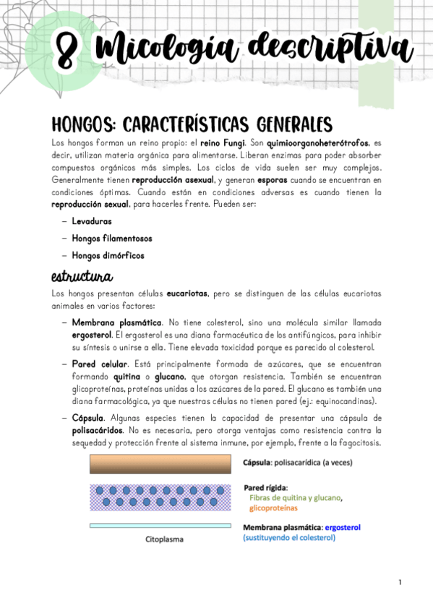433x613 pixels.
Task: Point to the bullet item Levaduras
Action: coord(91,221)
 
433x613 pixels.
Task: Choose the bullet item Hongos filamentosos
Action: coord(112,238)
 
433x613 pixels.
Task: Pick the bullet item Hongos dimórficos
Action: coord(108,255)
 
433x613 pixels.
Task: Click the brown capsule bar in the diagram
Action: coord(160,463)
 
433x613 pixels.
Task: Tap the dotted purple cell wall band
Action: coord(160,498)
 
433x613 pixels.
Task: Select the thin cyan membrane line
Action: coord(160,526)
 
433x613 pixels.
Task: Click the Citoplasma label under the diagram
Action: coord(164,539)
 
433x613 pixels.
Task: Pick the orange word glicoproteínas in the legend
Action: coord(278,508)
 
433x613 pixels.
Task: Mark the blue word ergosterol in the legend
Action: coord(343,527)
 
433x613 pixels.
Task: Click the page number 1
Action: coord(399,582)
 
